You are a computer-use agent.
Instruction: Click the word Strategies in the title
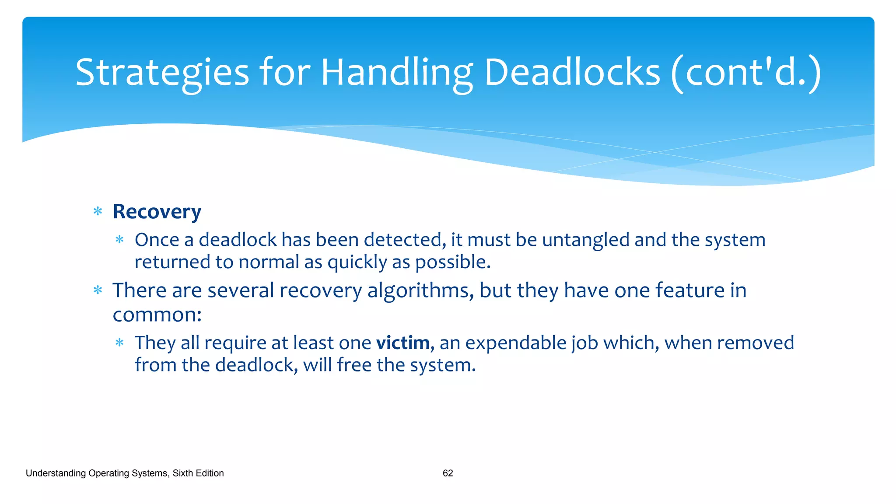point(162,73)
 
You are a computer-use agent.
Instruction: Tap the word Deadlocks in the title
point(572,73)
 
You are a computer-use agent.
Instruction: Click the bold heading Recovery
point(157,212)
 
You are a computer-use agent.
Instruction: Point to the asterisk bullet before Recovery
point(98,212)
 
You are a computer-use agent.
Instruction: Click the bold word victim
point(402,343)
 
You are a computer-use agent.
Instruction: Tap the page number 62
point(448,473)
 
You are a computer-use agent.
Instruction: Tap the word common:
point(157,315)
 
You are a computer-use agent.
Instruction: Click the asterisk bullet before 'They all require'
point(119,343)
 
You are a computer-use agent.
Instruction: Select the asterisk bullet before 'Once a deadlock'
point(119,240)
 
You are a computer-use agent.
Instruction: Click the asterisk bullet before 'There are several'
point(98,290)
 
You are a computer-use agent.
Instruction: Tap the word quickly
point(357,262)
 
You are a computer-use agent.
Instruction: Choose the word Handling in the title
point(397,73)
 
